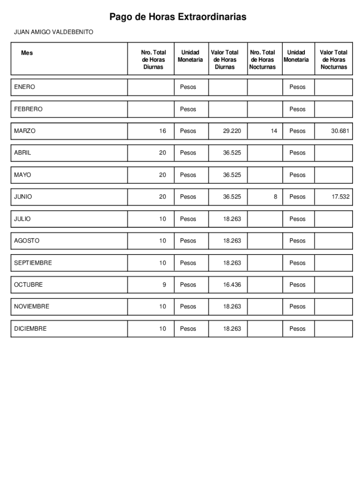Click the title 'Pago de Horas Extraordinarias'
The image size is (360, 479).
[178, 17]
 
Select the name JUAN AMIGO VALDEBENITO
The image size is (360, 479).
[53, 32]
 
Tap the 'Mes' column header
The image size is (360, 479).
[27, 53]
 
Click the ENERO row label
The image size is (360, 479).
[24, 87]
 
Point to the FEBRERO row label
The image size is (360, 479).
[28, 109]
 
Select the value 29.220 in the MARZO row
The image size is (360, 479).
[232, 131]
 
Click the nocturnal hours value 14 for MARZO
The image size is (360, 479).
[274, 131]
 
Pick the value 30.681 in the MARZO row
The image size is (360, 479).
[340, 131]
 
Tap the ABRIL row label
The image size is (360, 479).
[22, 153]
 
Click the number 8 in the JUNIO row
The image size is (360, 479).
[275, 197]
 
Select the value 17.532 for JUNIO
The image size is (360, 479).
[340, 197]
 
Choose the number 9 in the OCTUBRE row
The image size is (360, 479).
[164, 284]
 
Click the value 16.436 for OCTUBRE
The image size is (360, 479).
[232, 284]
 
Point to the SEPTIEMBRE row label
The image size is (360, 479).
[33, 263]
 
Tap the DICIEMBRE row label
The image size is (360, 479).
[30, 329]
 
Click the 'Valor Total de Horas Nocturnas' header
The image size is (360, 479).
[333, 60]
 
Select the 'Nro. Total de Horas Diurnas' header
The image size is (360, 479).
[153, 60]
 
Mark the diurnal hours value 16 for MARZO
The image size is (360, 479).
[162, 131]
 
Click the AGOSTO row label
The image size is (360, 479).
[27, 241]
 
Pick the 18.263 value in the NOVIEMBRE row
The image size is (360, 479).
[232, 306]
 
